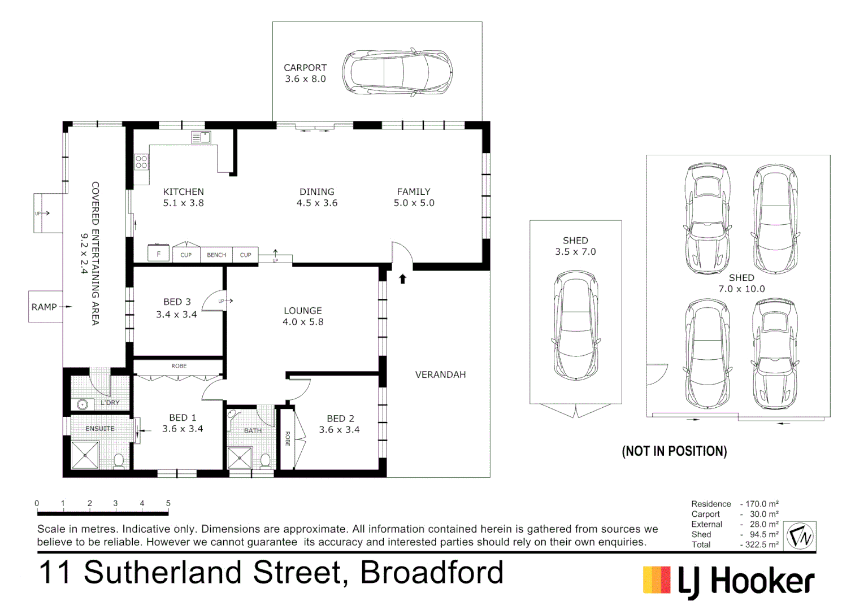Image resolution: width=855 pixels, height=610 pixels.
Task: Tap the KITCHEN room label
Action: point(183,192)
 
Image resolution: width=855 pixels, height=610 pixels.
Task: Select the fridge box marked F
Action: point(158,254)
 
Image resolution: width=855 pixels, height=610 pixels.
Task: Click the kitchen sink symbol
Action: point(201,137)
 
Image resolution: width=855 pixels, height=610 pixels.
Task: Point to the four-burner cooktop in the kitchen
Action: point(141,162)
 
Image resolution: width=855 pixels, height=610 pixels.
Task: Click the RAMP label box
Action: point(45,307)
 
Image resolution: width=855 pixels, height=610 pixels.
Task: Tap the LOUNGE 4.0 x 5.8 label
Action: point(303,316)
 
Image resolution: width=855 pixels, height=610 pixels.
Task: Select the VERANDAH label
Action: point(440,374)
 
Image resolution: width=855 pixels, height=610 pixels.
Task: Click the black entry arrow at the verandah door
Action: point(402,278)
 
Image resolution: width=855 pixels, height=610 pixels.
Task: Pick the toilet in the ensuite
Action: point(119,460)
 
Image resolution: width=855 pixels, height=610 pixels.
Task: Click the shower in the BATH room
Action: point(239,458)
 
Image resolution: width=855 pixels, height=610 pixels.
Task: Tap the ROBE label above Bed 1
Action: point(179,366)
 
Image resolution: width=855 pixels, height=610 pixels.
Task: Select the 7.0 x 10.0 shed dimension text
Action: point(741,289)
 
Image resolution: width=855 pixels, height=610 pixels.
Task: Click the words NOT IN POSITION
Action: point(674,451)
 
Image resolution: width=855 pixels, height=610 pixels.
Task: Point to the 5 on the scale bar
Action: point(168,503)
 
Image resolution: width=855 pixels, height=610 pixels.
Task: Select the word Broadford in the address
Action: point(432,572)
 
